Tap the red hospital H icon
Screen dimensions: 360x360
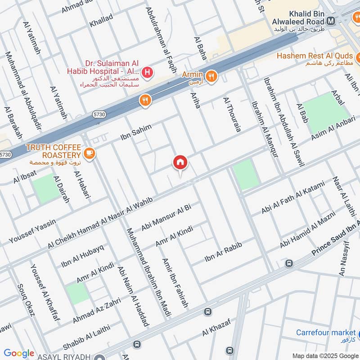pos(146,72)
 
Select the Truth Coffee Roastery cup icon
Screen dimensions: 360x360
pos(90,153)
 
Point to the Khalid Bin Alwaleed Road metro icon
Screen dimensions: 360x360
pos(332,20)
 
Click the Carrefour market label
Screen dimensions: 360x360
pos(326,333)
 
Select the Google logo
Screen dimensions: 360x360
pos(19,353)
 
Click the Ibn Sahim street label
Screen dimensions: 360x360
pos(136,132)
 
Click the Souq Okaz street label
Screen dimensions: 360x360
pos(26,300)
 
